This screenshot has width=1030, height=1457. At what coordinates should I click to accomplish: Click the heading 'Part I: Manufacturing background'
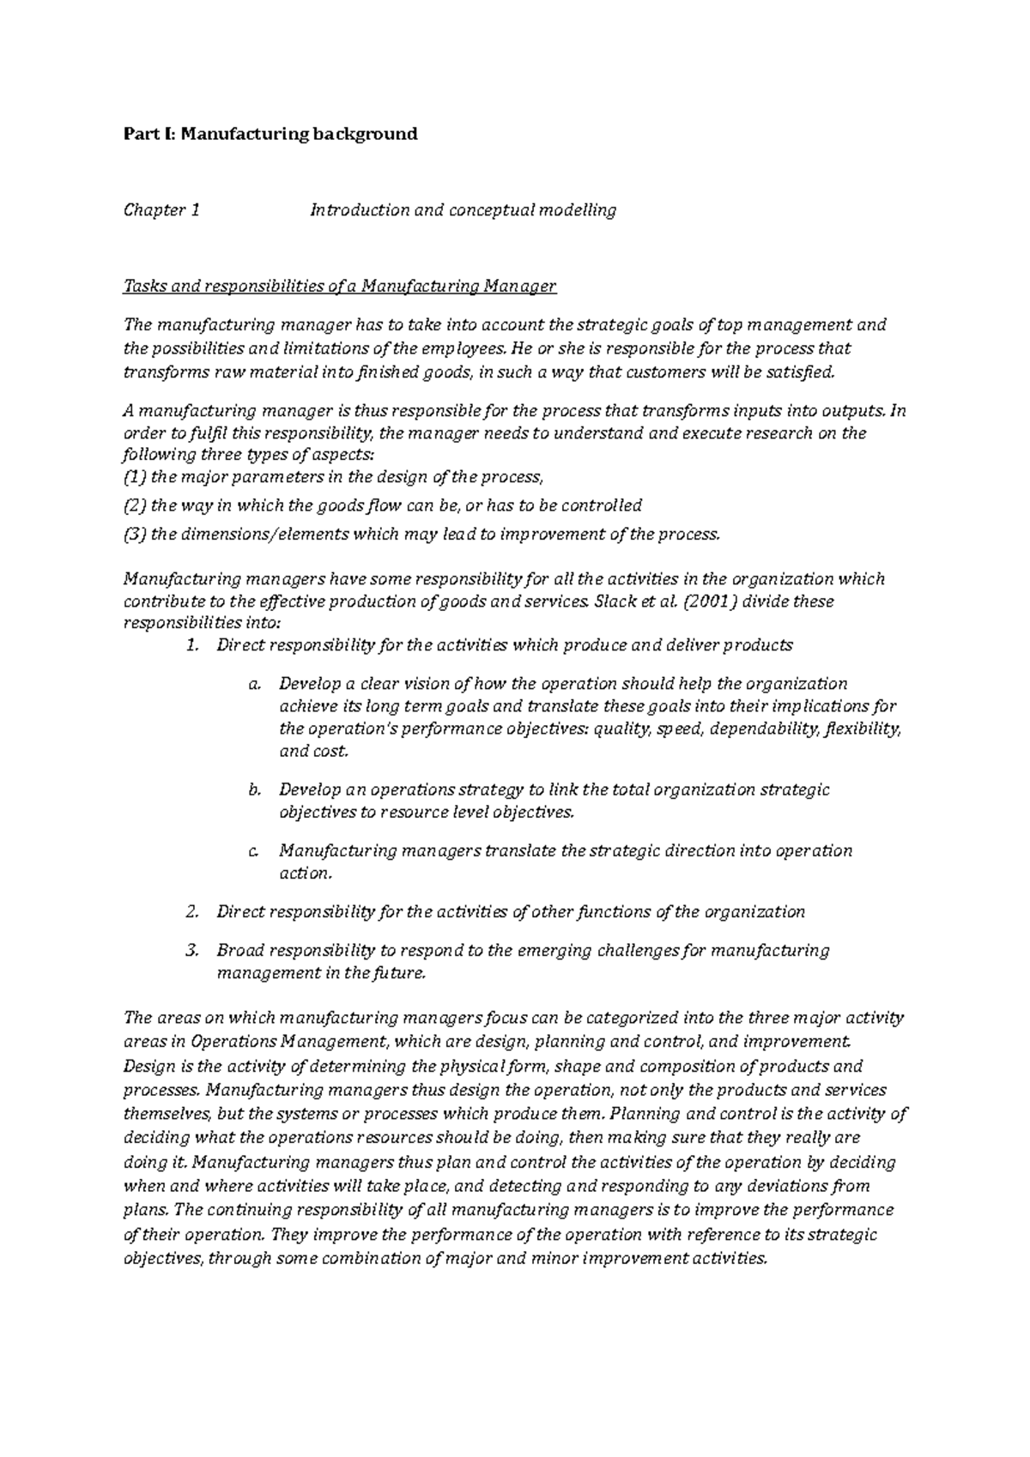[x=270, y=134]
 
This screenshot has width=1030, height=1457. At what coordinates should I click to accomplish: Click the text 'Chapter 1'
[x=162, y=210]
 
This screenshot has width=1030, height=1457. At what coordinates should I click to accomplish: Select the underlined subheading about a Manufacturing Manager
[x=340, y=287]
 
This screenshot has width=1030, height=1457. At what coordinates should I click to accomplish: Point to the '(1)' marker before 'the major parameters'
[x=136, y=477]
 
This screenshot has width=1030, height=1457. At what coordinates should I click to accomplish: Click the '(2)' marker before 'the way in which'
[x=136, y=505]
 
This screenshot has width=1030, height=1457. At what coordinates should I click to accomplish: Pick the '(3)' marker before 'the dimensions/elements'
[x=136, y=535]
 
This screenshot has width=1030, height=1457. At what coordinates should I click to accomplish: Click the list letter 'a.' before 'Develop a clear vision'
[x=253, y=685]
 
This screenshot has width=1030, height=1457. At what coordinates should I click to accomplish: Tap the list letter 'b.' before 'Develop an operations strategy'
[x=253, y=789]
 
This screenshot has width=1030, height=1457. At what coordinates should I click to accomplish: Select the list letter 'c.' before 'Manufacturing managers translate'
[x=253, y=851]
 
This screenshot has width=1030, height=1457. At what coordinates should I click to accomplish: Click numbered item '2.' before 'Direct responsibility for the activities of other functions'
[x=192, y=912]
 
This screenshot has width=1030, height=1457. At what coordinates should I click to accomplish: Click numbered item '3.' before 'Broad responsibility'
[x=192, y=951]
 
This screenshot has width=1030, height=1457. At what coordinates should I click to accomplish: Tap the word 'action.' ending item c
[x=305, y=874]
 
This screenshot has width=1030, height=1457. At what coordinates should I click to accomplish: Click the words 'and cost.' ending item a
[x=314, y=752]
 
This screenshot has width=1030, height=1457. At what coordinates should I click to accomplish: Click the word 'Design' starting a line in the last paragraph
[x=148, y=1067]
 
